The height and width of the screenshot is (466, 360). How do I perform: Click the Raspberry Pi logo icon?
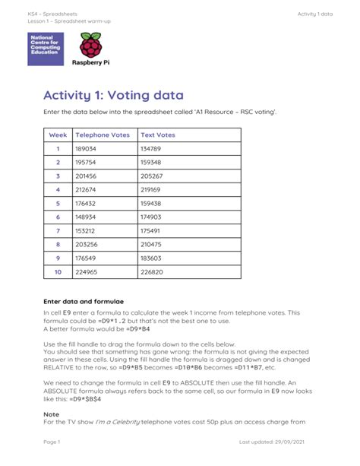(90, 47)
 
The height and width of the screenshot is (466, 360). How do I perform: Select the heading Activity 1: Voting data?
(113, 95)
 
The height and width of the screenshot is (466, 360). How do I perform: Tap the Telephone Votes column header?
(103, 135)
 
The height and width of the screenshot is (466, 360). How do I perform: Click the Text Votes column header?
(158, 135)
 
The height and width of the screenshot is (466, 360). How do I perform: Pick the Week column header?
(58, 135)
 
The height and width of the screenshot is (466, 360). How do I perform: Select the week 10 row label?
(58, 271)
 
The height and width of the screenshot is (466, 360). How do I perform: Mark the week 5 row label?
(58, 203)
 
